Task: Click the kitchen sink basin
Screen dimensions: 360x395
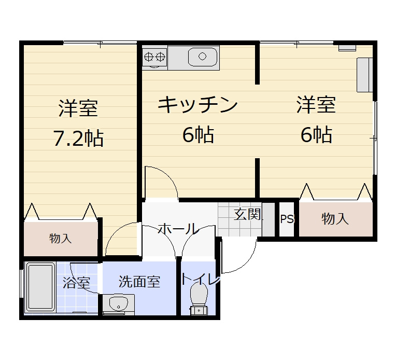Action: [x=202, y=56]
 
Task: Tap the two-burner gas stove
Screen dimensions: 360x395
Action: [x=154, y=55]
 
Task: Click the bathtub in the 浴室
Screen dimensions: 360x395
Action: [x=40, y=288]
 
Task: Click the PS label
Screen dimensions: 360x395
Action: [x=287, y=219]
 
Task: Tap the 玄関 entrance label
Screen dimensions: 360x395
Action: [x=247, y=214]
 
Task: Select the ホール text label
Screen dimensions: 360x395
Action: [x=177, y=229]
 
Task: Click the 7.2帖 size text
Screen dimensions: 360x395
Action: [x=78, y=138]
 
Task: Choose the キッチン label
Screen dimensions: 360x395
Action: [x=198, y=105]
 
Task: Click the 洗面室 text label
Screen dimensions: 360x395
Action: [x=139, y=282]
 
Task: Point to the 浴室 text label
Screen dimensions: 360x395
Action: [x=77, y=283]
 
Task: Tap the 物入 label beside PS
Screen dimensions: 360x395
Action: [x=335, y=219]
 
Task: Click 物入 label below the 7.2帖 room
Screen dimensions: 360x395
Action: [x=60, y=239]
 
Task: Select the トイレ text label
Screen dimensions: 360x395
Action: [x=201, y=280]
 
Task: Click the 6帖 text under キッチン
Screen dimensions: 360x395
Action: [x=198, y=135]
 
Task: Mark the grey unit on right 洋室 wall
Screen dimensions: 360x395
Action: [x=364, y=75]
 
